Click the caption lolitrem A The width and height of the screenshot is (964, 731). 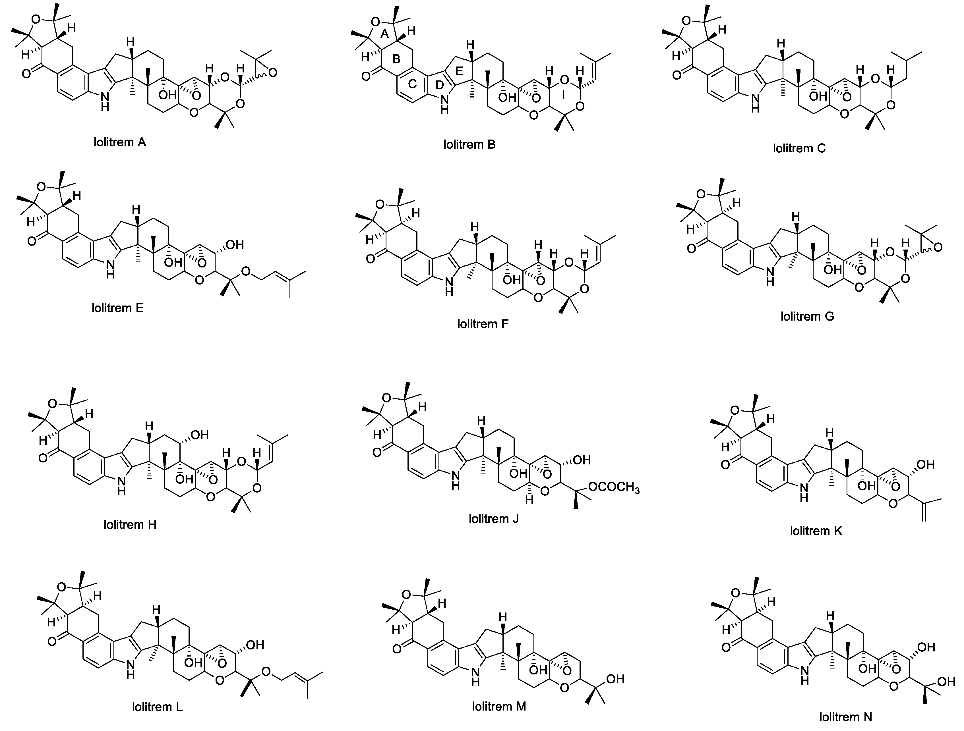(119, 142)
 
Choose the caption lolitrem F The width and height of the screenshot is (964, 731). (483, 324)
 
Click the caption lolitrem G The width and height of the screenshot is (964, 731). (807, 316)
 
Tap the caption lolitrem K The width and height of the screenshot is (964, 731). (816, 531)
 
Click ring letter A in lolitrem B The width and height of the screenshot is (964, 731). (384, 34)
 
